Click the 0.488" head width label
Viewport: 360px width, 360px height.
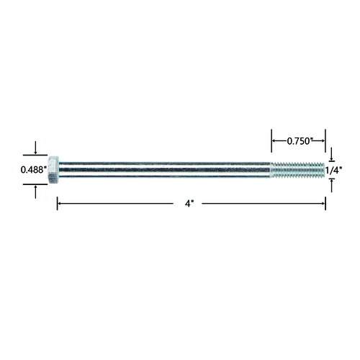(x=34, y=170)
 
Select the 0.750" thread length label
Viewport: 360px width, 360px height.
(x=299, y=141)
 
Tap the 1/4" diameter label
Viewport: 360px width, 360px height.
(x=333, y=171)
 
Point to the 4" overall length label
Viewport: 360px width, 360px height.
(x=189, y=204)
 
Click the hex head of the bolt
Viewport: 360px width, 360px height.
(x=53, y=170)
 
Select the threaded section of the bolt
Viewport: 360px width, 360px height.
(x=298, y=170)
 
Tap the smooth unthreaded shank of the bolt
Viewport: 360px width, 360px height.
(x=165, y=170)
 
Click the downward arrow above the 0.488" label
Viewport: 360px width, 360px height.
(x=35, y=148)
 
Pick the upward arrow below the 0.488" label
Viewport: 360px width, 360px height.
(x=35, y=192)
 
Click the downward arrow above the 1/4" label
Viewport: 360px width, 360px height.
(x=332, y=154)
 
